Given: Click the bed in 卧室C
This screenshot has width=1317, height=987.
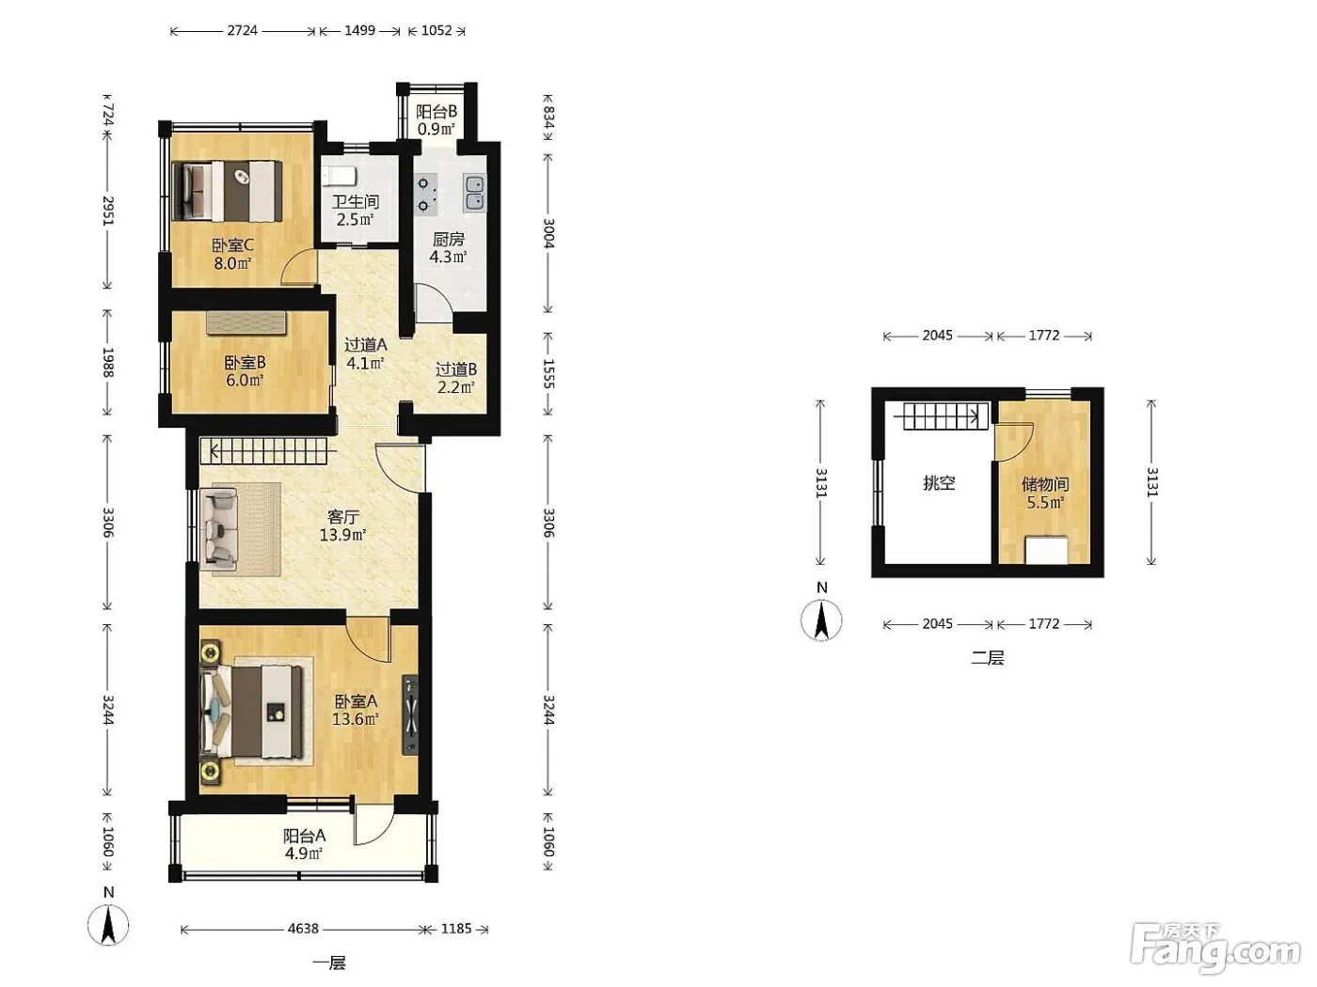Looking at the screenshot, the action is [x=228, y=191].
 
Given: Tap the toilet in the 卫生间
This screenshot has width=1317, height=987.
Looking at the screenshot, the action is [x=341, y=176].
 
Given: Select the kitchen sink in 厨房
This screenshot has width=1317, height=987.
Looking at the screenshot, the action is [x=474, y=193].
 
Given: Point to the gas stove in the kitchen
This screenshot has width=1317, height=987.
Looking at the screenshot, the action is [x=425, y=195].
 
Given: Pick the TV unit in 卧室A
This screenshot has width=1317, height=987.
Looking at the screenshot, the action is [x=411, y=715].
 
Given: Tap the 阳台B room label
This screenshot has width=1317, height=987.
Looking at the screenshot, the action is [x=436, y=112].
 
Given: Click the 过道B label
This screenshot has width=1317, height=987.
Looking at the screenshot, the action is [x=456, y=369].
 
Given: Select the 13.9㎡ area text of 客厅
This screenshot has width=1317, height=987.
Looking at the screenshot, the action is [x=342, y=535].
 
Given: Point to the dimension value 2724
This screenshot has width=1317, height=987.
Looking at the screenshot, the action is [x=243, y=31].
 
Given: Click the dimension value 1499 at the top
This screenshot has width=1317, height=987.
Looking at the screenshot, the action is [x=360, y=31].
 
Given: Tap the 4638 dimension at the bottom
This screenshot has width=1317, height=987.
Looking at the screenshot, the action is [x=303, y=929].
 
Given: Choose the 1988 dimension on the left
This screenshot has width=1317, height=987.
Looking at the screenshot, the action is [x=107, y=362].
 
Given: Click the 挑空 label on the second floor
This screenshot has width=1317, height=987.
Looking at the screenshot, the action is [x=939, y=483].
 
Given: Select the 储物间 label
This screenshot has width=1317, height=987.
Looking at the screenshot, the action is [x=1045, y=484].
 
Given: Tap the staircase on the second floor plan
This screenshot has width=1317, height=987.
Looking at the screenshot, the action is [x=942, y=415].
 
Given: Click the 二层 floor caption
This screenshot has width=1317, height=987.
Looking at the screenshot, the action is [x=988, y=658].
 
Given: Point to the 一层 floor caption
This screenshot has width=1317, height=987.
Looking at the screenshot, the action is [x=329, y=963].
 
